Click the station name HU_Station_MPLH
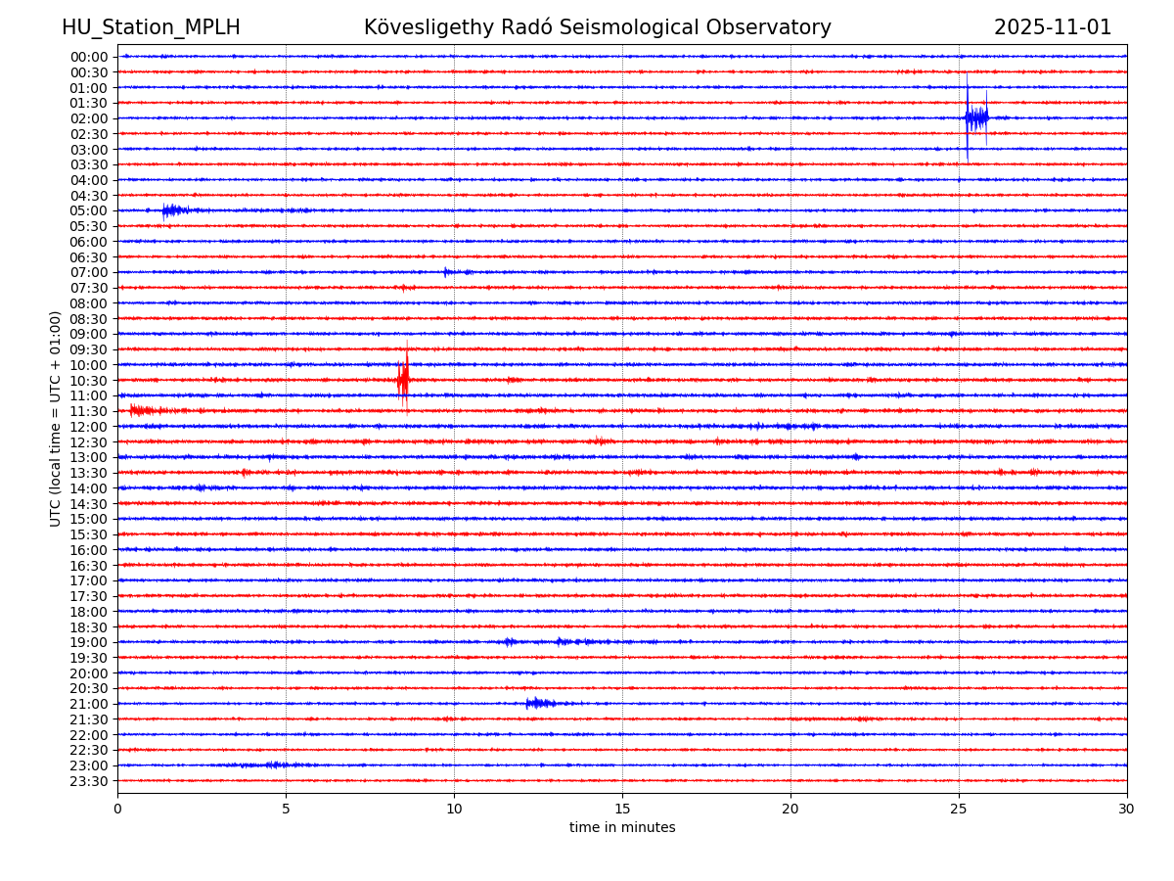pyautogui.click(x=151, y=27)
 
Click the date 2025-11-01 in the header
pyautogui.click(x=1053, y=27)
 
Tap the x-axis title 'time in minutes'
pyautogui.click(x=622, y=828)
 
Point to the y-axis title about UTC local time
pyautogui.click(x=56, y=418)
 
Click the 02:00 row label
pyautogui.click(x=89, y=118)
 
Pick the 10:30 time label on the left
pyautogui.click(x=89, y=381)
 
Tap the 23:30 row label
pyautogui.click(x=89, y=781)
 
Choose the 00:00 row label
pyautogui.click(x=89, y=57)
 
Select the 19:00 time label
pyautogui.click(x=89, y=642)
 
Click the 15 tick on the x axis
pyautogui.click(x=622, y=809)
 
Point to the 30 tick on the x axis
pyautogui.click(x=1127, y=809)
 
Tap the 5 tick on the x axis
pyautogui.click(x=286, y=809)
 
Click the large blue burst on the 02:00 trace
pyautogui.click(x=975, y=118)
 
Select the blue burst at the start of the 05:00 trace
pyautogui.click(x=172, y=209)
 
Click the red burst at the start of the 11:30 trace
pyautogui.click(x=139, y=410)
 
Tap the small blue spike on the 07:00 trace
pyautogui.click(x=446, y=272)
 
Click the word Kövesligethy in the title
pyautogui.click(x=424, y=27)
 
